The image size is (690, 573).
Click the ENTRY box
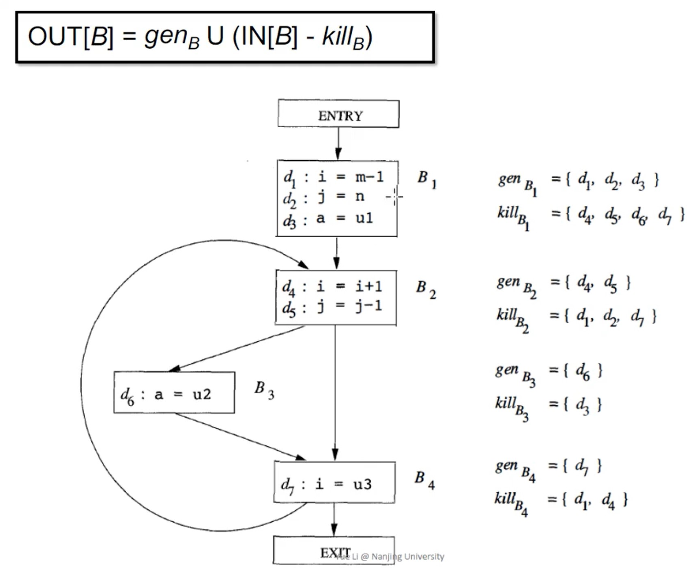point(338,114)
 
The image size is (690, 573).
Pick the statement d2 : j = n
point(324,198)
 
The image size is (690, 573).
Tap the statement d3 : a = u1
point(328,219)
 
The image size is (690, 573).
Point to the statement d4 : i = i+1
point(332,287)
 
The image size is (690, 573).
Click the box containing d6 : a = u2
point(174,393)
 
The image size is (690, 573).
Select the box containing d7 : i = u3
point(334,482)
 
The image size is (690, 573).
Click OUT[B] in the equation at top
point(70,37)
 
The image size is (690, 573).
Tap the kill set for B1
point(590,215)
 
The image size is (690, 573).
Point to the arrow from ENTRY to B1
point(338,144)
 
